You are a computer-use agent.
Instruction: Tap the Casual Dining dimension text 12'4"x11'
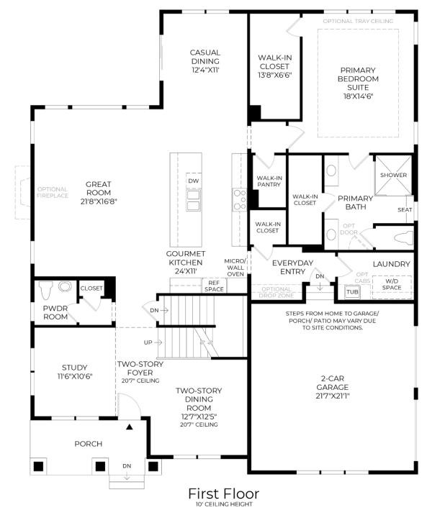pyautogui.click(x=205, y=70)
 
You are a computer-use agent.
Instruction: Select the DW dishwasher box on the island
pyautogui.click(x=194, y=181)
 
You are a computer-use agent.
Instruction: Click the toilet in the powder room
pyautogui.click(x=45, y=290)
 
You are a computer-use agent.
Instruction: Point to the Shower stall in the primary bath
pyautogui.click(x=393, y=175)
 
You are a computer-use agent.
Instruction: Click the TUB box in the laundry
pyautogui.click(x=352, y=292)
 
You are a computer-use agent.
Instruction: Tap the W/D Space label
pyautogui.click(x=392, y=284)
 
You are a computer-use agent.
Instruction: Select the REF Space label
pyautogui.click(x=214, y=286)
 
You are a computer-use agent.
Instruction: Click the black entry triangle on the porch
pyautogui.click(x=130, y=427)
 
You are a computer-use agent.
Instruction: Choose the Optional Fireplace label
pyautogui.click(x=53, y=192)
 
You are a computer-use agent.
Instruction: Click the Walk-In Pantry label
pyautogui.click(x=269, y=181)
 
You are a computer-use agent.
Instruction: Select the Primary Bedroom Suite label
pyautogui.click(x=358, y=83)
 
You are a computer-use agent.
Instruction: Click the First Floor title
pyautogui.click(x=223, y=494)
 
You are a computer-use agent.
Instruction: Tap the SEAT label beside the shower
pyautogui.click(x=405, y=210)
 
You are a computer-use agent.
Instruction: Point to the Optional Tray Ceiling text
pyautogui.click(x=358, y=21)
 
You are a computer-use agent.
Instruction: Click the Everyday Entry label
pyautogui.click(x=292, y=267)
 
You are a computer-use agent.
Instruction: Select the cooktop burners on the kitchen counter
pyautogui.click(x=239, y=200)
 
